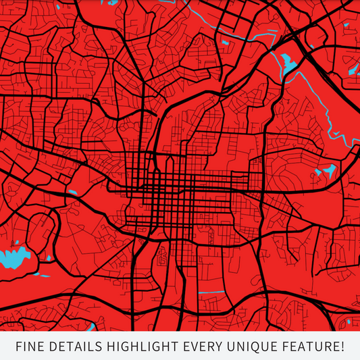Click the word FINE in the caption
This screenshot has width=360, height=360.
click(31, 347)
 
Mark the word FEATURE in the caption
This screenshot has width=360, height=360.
click(308, 347)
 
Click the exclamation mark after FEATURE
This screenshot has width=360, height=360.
click(342, 347)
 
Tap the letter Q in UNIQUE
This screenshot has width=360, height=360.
click(257, 347)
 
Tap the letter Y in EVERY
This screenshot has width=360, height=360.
click(219, 347)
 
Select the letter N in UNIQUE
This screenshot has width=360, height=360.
click(240, 347)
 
